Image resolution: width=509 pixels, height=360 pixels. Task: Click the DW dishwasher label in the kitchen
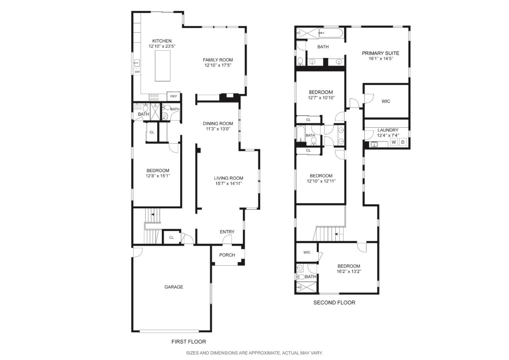tap(137, 72)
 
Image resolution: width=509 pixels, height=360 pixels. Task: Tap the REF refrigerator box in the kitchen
tap(174, 96)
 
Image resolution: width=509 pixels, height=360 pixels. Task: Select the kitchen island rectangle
tap(163, 66)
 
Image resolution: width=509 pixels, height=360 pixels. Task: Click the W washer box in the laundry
tap(394, 142)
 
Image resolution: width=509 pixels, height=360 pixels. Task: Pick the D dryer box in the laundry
tap(403, 142)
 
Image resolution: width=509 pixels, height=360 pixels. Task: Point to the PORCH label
tap(227, 255)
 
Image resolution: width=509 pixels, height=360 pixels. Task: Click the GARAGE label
tap(174, 287)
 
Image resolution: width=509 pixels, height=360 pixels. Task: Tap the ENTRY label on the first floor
tap(227, 232)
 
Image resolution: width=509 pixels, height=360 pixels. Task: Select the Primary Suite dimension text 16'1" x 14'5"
tap(380, 59)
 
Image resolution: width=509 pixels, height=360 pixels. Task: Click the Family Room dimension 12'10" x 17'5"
tap(218, 65)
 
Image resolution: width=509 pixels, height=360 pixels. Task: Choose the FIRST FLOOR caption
tap(188, 342)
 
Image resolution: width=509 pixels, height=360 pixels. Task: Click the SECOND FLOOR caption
tap(334, 303)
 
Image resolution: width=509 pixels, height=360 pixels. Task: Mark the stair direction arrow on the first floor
tap(153, 214)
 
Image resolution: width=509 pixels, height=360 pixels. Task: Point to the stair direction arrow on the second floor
tap(337, 234)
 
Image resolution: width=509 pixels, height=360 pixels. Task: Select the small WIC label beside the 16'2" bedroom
tap(306, 252)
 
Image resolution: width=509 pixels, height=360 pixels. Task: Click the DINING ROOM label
tap(218, 123)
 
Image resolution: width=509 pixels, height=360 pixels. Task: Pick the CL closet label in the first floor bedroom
tap(152, 133)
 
